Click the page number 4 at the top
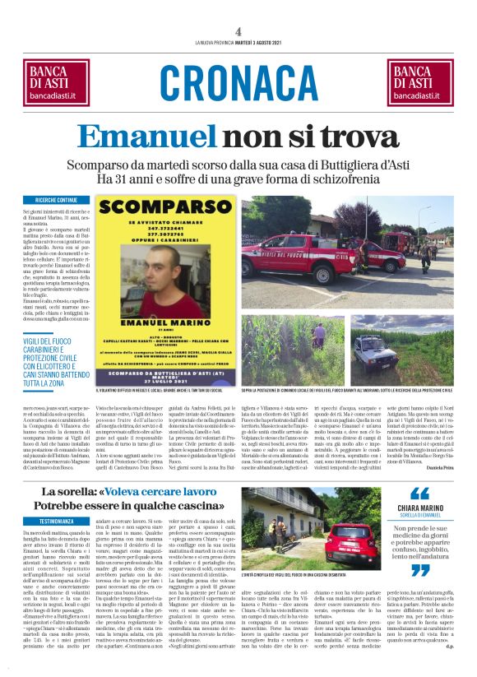click(238, 30)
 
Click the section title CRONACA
click(238, 83)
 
